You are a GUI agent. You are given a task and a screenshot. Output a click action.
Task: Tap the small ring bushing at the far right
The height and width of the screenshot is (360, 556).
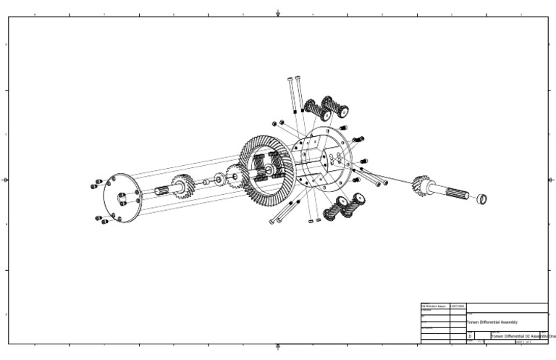(x=482, y=198)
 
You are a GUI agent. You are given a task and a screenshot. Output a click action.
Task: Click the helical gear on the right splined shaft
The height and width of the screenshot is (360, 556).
(x=421, y=186)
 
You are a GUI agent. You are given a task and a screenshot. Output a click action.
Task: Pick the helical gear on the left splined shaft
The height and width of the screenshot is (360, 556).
(x=183, y=188)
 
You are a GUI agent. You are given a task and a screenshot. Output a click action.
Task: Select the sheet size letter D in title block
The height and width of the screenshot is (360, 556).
(x=470, y=337)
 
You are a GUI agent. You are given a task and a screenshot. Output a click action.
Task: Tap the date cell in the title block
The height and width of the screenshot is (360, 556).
(x=458, y=306)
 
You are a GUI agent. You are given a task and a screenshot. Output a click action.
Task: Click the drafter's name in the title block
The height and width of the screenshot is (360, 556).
(x=434, y=306)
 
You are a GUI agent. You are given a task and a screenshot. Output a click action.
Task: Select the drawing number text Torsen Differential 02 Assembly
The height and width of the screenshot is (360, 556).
(x=515, y=337)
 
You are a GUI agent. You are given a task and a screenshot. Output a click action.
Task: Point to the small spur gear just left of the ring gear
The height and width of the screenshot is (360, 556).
(x=234, y=177)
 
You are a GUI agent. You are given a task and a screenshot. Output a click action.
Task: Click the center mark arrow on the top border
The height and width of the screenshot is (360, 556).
(x=278, y=12)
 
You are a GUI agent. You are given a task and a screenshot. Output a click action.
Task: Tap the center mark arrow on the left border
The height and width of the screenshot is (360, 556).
(x=4, y=180)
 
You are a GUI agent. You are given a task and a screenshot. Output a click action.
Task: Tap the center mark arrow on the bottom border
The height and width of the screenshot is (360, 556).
(x=278, y=348)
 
